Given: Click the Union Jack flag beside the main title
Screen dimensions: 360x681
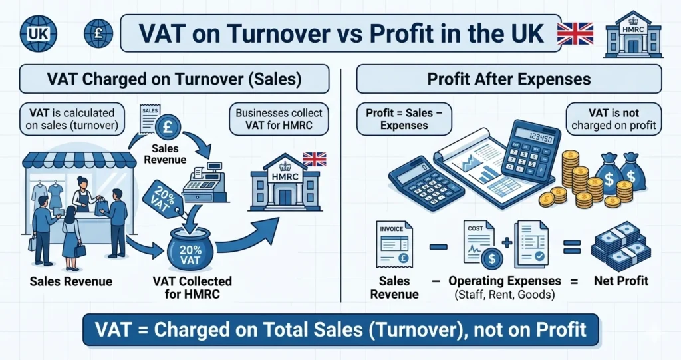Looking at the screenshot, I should pos(574,33).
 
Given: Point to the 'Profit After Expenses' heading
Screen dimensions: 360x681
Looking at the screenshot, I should pos(509,79).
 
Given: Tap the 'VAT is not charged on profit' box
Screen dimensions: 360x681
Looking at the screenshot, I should pos(613,119).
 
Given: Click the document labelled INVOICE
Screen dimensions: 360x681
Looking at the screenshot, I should pos(393,244).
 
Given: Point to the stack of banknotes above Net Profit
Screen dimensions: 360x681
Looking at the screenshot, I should pos(616,246).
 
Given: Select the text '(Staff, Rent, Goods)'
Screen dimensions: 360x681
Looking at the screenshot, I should pos(504,295).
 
